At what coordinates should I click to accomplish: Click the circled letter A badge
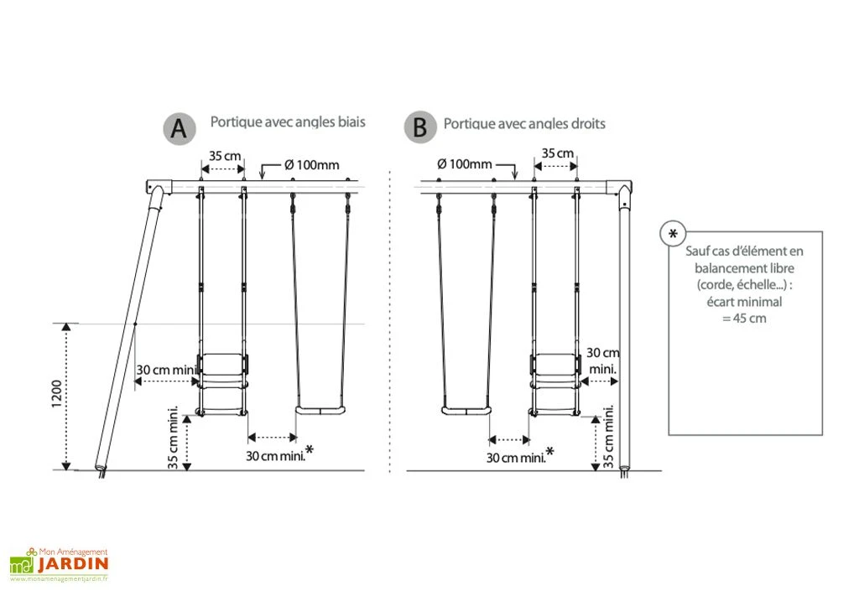tap(179, 129)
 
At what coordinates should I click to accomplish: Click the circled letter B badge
tap(419, 128)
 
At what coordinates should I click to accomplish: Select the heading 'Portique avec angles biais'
tap(287, 122)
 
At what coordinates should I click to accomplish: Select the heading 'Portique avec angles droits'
tap(524, 124)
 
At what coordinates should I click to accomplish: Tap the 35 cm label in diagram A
tap(221, 156)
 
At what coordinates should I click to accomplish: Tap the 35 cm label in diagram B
tap(557, 153)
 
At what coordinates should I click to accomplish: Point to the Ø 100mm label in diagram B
tap(465, 164)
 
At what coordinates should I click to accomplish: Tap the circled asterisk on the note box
tap(673, 234)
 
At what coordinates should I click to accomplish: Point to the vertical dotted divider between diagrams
tap(391, 319)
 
